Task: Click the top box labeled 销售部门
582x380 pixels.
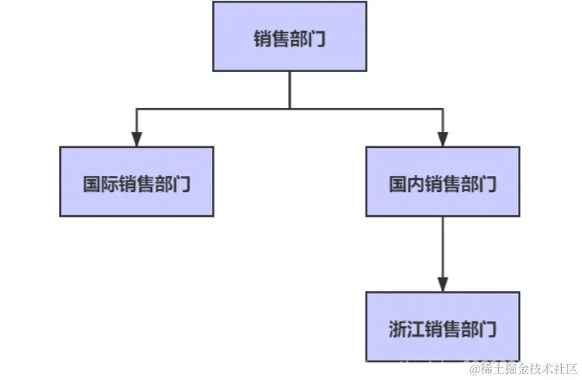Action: coord(290,36)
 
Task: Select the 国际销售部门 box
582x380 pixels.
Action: coord(137,182)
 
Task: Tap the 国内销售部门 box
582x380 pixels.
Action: coord(443,182)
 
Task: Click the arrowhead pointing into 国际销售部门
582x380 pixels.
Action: coord(137,138)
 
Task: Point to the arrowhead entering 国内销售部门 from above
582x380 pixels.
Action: coord(443,138)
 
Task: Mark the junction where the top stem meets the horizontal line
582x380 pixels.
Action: coord(290,107)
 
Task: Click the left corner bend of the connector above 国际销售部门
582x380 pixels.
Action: coord(137,107)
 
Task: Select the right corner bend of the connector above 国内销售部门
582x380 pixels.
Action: coord(443,107)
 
